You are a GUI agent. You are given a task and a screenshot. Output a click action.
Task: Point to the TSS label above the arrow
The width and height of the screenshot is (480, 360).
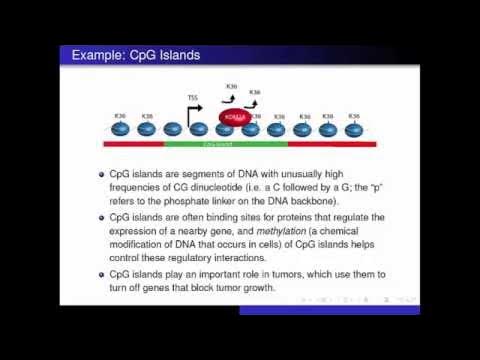(x=192, y=97)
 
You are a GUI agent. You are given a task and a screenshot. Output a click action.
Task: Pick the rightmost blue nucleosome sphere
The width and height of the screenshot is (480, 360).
(x=352, y=129)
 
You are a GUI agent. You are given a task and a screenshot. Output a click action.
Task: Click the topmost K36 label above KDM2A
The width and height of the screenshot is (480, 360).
(x=232, y=86)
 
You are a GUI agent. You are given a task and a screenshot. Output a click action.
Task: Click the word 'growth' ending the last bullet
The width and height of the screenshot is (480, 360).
(x=273, y=287)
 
